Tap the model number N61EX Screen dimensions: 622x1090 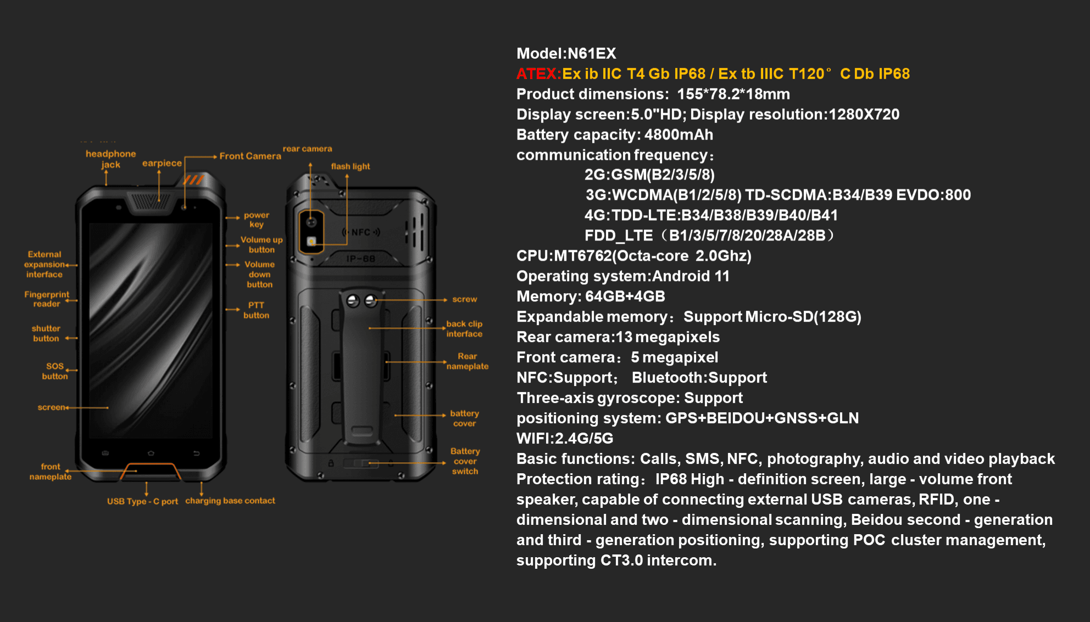tap(592, 53)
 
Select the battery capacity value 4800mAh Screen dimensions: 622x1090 tap(679, 135)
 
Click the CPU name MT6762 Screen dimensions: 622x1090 tap(582, 256)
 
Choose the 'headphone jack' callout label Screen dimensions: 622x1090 tap(110, 159)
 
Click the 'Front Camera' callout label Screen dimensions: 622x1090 tap(250, 156)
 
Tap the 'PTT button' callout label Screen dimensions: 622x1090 tap(256, 310)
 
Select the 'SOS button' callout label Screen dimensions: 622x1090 tap(55, 371)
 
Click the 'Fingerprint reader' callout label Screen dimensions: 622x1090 tap(47, 299)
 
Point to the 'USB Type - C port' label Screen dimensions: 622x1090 tap(142, 501)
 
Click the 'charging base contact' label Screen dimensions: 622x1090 tap(230, 501)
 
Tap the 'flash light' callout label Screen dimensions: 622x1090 tap(350, 166)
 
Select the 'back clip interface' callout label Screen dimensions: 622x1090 tap(464, 329)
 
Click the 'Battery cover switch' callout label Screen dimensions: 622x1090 tap(465, 461)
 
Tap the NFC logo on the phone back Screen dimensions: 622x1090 tap(361, 232)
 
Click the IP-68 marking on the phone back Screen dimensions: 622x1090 tap(360, 259)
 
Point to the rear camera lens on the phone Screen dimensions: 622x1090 tap(312, 222)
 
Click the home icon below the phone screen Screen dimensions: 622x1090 tap(151, 453)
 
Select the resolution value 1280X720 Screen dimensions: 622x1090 tap(864, 114)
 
